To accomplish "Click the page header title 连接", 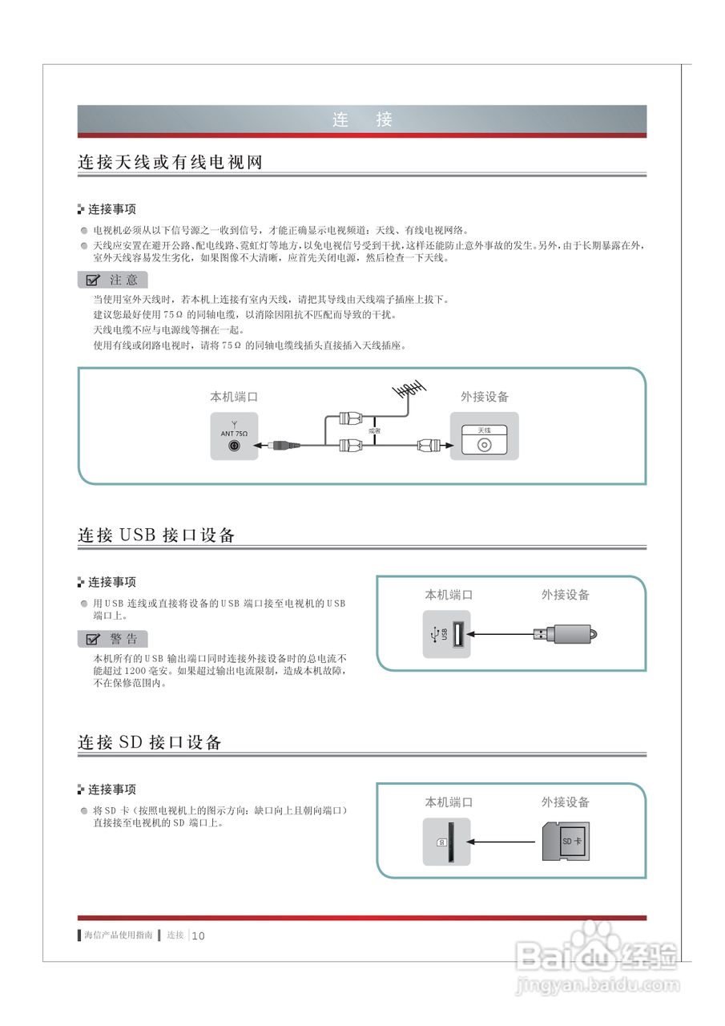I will click(x=362, y=120).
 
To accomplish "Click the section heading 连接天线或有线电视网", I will click(x=170, y=162).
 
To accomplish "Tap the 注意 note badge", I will click(x=113, y=280).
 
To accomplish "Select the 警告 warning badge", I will click(x=113, y=639).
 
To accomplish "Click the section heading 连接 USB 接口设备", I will click(x=156, y=535).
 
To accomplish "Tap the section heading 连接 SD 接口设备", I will click(x=150, y=742).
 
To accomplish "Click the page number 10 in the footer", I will click(x=199, y=935).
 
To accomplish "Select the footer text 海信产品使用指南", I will click(x=118, y=935).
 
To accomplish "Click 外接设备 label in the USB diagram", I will click(x=565, y=595).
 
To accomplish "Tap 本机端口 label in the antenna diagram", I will click(x=234, y=397).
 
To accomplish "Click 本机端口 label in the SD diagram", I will click(x=449, y=802).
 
